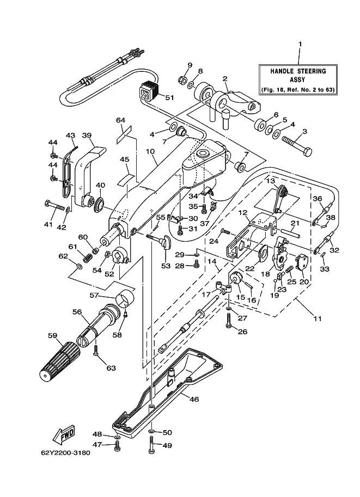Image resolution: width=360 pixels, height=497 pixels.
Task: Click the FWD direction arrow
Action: (x=64, y=434)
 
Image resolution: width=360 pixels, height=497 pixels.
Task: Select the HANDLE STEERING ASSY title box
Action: (x=298, y=79)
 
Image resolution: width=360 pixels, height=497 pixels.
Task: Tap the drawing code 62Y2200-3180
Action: (x=66, y=452)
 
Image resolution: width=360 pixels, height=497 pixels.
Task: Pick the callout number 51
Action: (x=170, y=97)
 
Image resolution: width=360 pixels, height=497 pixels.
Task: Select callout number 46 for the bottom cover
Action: (x=194, y=400)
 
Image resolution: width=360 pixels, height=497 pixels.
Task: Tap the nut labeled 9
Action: (x=182, y=79)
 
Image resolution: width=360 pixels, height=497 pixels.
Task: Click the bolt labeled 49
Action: (x=151, y=444)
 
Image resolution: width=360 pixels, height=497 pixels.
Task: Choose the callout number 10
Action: (x=150, y=151)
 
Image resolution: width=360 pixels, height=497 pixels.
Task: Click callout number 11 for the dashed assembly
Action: (x=317, y=318)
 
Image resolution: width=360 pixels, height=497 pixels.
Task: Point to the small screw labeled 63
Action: (x=95, y=350)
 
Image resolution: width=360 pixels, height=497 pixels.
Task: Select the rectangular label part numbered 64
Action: (x=124, y=134)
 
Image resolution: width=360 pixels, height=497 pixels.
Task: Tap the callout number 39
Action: (x=87, y=136)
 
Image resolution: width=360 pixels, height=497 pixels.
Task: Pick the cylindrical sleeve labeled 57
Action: (x=125, y=298)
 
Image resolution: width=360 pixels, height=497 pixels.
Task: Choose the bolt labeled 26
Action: (x=229, y=321)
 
